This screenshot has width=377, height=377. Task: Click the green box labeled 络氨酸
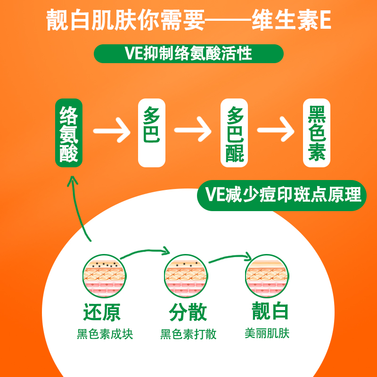[x=69, y=133]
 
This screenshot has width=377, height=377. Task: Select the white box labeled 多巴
[x=152, y=133]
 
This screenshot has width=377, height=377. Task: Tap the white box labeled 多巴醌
[x=235, y=133]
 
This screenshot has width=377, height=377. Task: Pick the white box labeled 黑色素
[x=317, y=133]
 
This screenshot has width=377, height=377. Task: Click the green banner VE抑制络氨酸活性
[x=188, y=53]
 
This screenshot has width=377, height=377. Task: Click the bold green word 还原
[x=102, y=312]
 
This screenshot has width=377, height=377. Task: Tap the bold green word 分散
[x=188, y=312]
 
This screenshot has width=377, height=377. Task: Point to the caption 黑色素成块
[x=105, y=335]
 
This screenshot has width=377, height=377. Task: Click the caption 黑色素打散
[x=188, y=335]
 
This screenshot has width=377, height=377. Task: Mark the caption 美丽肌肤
[x=267, y=333]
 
